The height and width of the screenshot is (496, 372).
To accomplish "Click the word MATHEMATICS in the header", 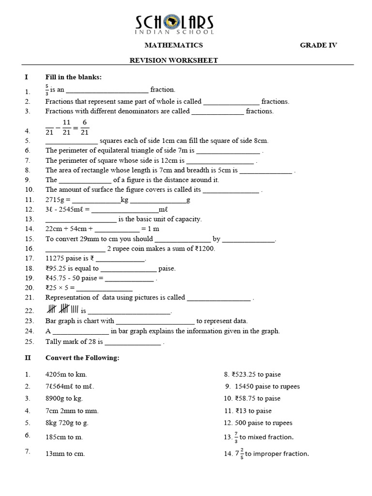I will click(x=174, y=45).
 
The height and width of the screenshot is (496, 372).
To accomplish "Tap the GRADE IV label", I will click(x=318, y=45).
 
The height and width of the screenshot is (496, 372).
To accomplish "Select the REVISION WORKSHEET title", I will click(x=173, y=60).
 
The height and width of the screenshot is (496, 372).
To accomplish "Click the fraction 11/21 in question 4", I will click(x=67, y=127).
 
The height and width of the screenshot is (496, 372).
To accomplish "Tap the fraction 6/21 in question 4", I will click(x=85, y=127).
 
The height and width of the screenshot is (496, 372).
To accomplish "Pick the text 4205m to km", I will click(x=66, y=374).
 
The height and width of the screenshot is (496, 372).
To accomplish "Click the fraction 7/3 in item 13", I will click(x=236, y=437).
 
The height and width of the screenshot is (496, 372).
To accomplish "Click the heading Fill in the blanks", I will click(x=73, y=77).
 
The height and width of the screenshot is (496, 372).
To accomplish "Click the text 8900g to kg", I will click(x=64, y=399).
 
